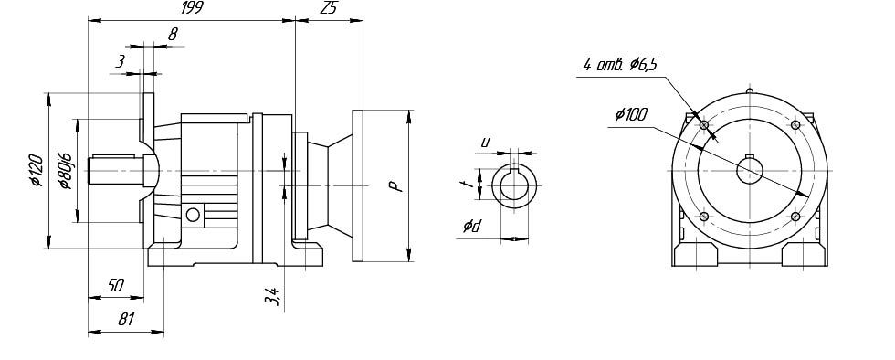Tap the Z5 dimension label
tap(329, 8)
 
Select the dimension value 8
tap(173, 35)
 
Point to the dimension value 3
tap(120, 62)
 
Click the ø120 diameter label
tap(37, 170)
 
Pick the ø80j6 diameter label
tap(64, 170)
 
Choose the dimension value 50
tap(115, 286)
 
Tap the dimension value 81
tap(126, 320)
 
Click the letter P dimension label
tap(395, 186)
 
